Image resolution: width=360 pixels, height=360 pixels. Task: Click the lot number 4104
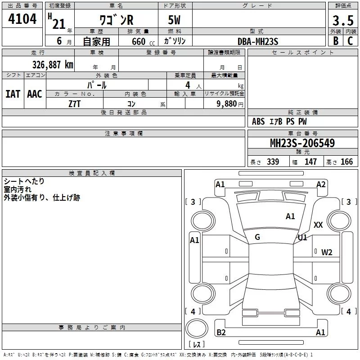click(x=22, y=19)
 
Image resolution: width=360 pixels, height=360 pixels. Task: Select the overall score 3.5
click(x=342, y=21)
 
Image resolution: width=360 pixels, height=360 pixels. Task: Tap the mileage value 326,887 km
click(x=52, y=64)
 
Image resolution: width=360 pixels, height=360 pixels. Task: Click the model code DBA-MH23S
click(x=258, y=41)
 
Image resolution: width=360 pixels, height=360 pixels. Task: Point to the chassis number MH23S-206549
click(x=302, y=143)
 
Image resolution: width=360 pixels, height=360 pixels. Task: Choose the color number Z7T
click(x=74, y=103)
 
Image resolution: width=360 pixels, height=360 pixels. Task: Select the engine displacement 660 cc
click(x=135, y=41)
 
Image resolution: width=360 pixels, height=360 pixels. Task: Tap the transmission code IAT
click(x=13, y=94)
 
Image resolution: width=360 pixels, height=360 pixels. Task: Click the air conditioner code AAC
click(x=35, y=94)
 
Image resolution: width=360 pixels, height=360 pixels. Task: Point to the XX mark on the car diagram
click(x=318, y=225)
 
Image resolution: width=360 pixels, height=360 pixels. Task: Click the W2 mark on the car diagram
click(x=327, y=252)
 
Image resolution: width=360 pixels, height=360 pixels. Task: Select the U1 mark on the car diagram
click(x=302, y=237)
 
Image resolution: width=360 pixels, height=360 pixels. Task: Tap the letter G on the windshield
click(x=257, y=237)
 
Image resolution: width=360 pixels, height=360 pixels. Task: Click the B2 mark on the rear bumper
click(x=221, y=332)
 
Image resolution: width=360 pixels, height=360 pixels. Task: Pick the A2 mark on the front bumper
click(x=321, y=184)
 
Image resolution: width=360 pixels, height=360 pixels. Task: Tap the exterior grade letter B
click(x=336, y=41)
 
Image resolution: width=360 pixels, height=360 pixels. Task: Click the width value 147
click(x=310, y=162)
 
